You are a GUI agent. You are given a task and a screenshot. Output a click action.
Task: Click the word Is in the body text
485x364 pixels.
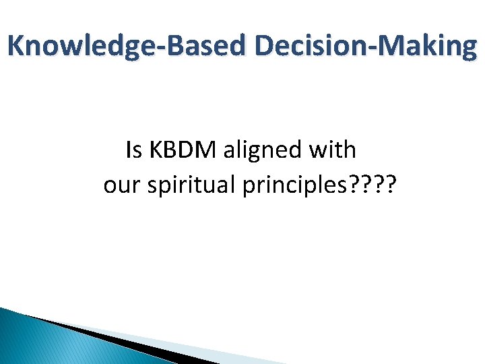(134, 150)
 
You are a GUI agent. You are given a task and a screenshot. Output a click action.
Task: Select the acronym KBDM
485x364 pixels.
(183, 150)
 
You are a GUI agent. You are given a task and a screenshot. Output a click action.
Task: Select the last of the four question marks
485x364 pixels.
(391, 185)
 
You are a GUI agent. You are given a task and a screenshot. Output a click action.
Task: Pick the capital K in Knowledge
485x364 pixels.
(15, 47)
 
